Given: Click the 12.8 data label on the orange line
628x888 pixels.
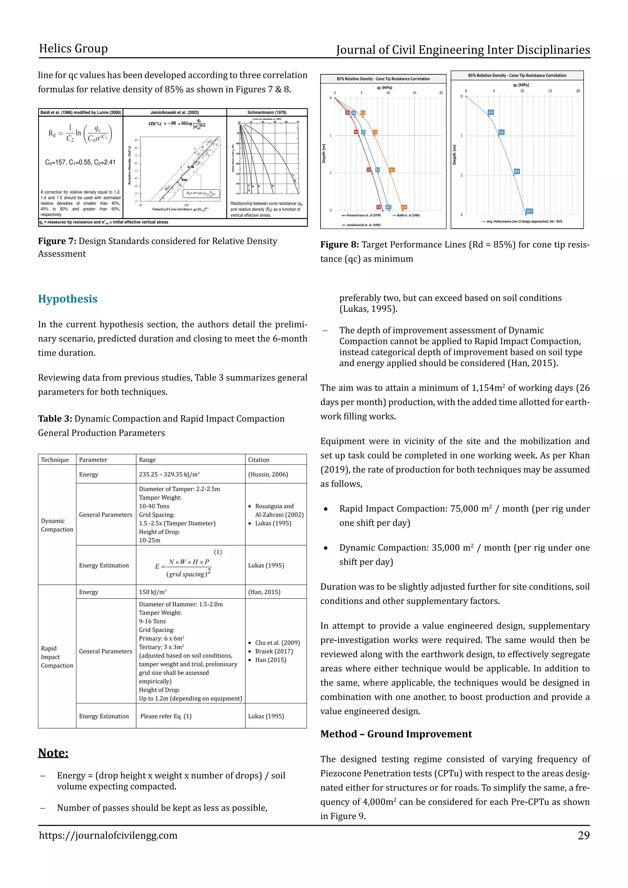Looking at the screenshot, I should [404, 207].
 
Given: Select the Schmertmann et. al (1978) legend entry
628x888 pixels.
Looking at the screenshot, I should [361, 216].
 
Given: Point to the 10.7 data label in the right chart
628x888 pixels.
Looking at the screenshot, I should [529, 211].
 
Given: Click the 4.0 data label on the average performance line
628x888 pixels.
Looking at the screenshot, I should [490, 112].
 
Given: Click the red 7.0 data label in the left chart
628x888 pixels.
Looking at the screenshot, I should [369, 169].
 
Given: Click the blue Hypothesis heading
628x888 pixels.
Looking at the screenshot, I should [68, 299].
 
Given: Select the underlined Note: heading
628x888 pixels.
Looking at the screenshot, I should [53, 753].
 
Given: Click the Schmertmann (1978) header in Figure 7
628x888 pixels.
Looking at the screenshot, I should [267, 113].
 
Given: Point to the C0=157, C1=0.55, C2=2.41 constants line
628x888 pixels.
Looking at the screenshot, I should [80, 163].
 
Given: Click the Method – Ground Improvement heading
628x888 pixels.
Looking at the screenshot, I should [396, 734].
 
